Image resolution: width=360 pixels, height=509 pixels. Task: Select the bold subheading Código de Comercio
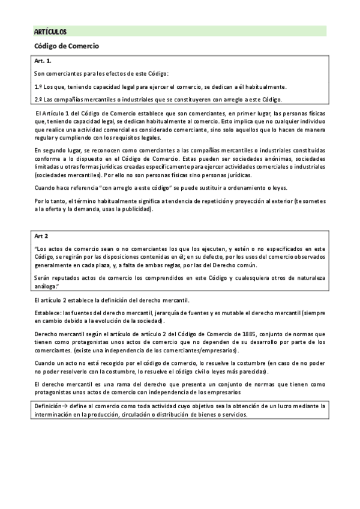tap(65, 46)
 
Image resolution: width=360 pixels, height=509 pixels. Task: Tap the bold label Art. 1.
tap(43, 61)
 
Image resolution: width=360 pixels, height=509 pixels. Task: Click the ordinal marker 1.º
tap(38, 86)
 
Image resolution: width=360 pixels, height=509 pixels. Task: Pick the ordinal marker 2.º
tap(38, 100)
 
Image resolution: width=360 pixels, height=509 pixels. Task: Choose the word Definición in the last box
tap(48, 406)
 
